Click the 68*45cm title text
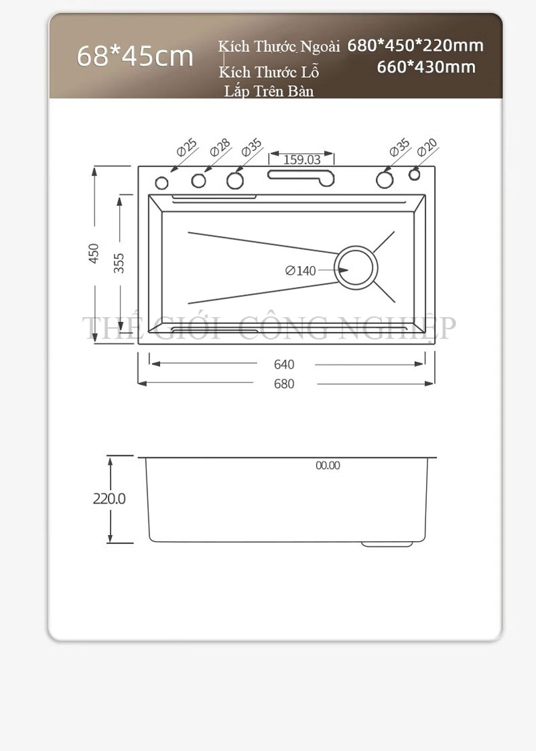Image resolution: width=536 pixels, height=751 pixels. click(x=135, y=56)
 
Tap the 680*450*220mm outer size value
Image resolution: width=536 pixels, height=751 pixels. click(x=415, y=46)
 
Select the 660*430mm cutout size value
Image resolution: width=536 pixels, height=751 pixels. click(x=426, y=66)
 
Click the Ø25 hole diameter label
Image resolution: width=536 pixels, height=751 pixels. click(x=187, y=148)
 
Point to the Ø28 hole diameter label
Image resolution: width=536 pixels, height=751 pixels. click(x=220, y=148)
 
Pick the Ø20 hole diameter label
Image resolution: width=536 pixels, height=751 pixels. click(x=427, y=148)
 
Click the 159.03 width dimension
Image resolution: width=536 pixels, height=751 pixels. click(x=302, y=160)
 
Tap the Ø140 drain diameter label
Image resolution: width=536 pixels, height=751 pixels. click(x=301, y=271)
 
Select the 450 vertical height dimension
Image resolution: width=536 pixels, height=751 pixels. click(x=94, y=253)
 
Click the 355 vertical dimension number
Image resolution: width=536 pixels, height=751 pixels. click(x=119, y=263)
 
